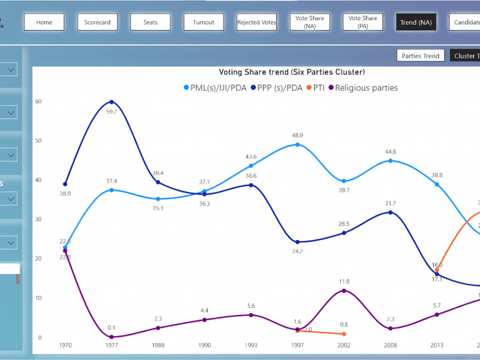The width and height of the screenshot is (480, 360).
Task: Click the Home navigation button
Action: (44, 22)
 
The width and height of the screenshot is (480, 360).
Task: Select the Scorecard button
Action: (97, 22)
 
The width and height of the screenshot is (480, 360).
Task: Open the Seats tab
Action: (150, 22)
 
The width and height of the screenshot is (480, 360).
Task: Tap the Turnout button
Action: (203, 22)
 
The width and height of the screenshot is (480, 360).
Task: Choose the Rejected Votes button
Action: (256, 22)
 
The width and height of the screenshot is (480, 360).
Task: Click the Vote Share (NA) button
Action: (309, 22)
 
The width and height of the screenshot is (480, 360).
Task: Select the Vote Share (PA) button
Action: (362, 22)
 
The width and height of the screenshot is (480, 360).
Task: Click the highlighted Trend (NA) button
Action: (415, 22)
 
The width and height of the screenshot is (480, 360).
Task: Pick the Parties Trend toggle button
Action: (420, 56)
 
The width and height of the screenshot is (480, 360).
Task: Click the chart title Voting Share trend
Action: (292, 72)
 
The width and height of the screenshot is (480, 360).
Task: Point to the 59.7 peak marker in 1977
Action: (111, 102)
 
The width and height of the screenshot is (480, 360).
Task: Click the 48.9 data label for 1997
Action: (297, 135)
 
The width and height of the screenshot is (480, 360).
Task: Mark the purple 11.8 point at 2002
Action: (344, 290)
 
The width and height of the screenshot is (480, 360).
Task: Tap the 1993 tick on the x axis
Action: (251, 345)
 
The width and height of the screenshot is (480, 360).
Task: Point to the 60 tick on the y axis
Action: (38, 101)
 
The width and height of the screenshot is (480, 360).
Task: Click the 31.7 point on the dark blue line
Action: (390, 212)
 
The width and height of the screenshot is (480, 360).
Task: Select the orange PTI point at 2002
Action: (344, 334)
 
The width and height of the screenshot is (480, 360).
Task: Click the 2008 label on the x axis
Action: (390, 345)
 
